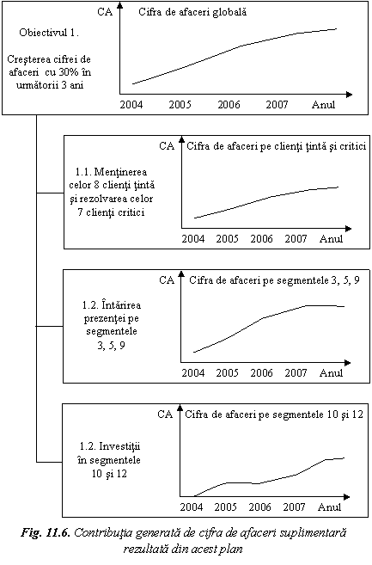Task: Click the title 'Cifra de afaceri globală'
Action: click(192, 12)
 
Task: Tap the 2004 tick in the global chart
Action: click(131, 105)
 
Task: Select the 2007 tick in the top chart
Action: click(277, 105)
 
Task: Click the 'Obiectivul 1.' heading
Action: click(49, 33)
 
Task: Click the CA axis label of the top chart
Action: click(105, 12)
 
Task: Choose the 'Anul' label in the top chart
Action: click(323, 105)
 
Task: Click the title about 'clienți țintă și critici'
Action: click(277, 146)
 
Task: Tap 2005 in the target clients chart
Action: click(227, 239)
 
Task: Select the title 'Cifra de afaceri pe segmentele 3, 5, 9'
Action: click(274, 280)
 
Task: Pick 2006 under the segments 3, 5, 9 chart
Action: click(261, 373)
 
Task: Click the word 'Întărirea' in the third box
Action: click(122, 304)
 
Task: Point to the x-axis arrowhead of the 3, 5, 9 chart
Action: click(347, 363)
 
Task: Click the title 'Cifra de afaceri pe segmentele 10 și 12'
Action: click(274, 415)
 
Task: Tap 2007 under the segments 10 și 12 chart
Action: click(294, 507)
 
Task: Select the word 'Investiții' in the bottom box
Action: click(120, 446)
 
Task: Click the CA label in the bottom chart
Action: click(165, 415)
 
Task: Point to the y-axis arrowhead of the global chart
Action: click(120, 5)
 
